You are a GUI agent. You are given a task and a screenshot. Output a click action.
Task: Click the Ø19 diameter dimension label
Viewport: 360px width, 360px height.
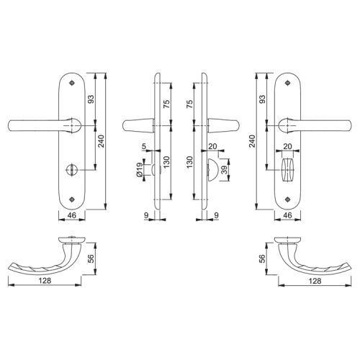[139, 170]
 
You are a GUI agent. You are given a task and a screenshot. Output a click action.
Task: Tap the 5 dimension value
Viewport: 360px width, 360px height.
[144, 146]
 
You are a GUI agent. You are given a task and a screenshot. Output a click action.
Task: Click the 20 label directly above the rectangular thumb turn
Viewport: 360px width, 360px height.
[287, 146]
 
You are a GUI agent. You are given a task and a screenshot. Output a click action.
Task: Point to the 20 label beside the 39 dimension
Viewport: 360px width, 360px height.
[212, 146]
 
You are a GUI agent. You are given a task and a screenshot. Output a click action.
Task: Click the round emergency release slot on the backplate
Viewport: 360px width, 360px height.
[71, 170]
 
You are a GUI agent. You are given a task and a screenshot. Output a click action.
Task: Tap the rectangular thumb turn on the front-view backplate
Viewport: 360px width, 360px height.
[287, 170]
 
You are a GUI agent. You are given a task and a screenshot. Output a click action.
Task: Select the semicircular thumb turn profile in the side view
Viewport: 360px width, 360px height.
[213, 170]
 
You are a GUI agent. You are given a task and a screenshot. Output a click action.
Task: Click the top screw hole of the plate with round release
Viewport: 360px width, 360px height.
[71, 83]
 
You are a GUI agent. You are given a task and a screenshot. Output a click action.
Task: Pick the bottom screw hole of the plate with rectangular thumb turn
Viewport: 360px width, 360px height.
[287, 199]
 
